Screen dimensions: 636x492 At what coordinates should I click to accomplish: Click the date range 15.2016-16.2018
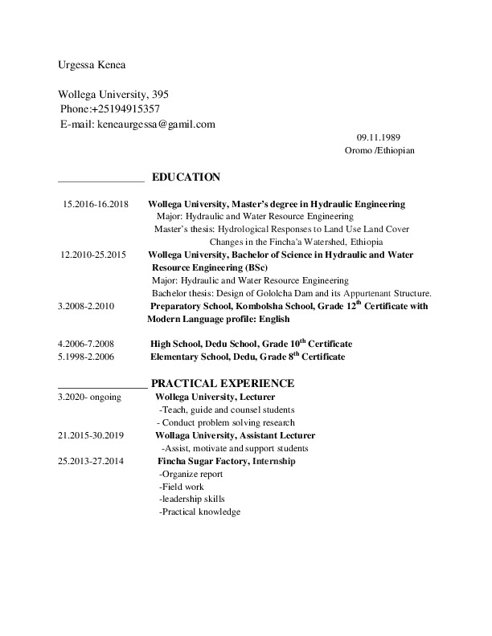pos(95,204)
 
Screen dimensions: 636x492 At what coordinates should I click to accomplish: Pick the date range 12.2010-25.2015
pos(93,255)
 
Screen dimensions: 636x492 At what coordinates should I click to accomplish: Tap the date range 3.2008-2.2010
pos(87,306)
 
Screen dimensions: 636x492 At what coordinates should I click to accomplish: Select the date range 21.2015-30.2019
pos(90,435)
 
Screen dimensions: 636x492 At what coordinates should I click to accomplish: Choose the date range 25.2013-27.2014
pos(91,461)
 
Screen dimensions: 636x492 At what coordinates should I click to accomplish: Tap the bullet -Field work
pos(182,487)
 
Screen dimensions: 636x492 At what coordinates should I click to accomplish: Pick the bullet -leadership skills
pos(192,499)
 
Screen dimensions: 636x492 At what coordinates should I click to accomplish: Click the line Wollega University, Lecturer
pos(215,397)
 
